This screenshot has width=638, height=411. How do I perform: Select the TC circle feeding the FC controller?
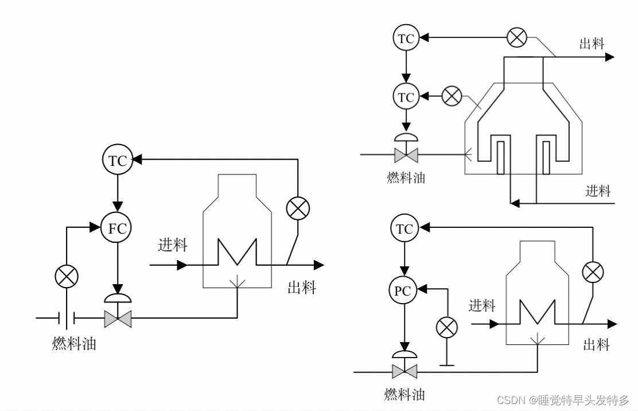117,160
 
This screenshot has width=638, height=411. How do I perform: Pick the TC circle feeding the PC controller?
405,230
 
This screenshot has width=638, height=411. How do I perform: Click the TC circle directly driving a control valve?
406,97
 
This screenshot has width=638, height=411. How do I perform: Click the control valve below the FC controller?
118,317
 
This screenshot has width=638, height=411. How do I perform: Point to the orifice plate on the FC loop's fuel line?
68,317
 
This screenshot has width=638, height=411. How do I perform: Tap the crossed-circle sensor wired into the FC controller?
67,277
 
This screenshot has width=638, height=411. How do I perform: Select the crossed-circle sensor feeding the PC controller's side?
445,328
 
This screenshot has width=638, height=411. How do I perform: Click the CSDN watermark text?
562,399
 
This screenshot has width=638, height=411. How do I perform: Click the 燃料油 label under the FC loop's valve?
74,344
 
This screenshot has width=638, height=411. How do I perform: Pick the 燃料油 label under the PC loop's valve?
404,394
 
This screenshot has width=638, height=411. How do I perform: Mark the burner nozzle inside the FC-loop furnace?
237,282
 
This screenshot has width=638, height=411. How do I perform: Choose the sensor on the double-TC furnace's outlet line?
517,38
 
